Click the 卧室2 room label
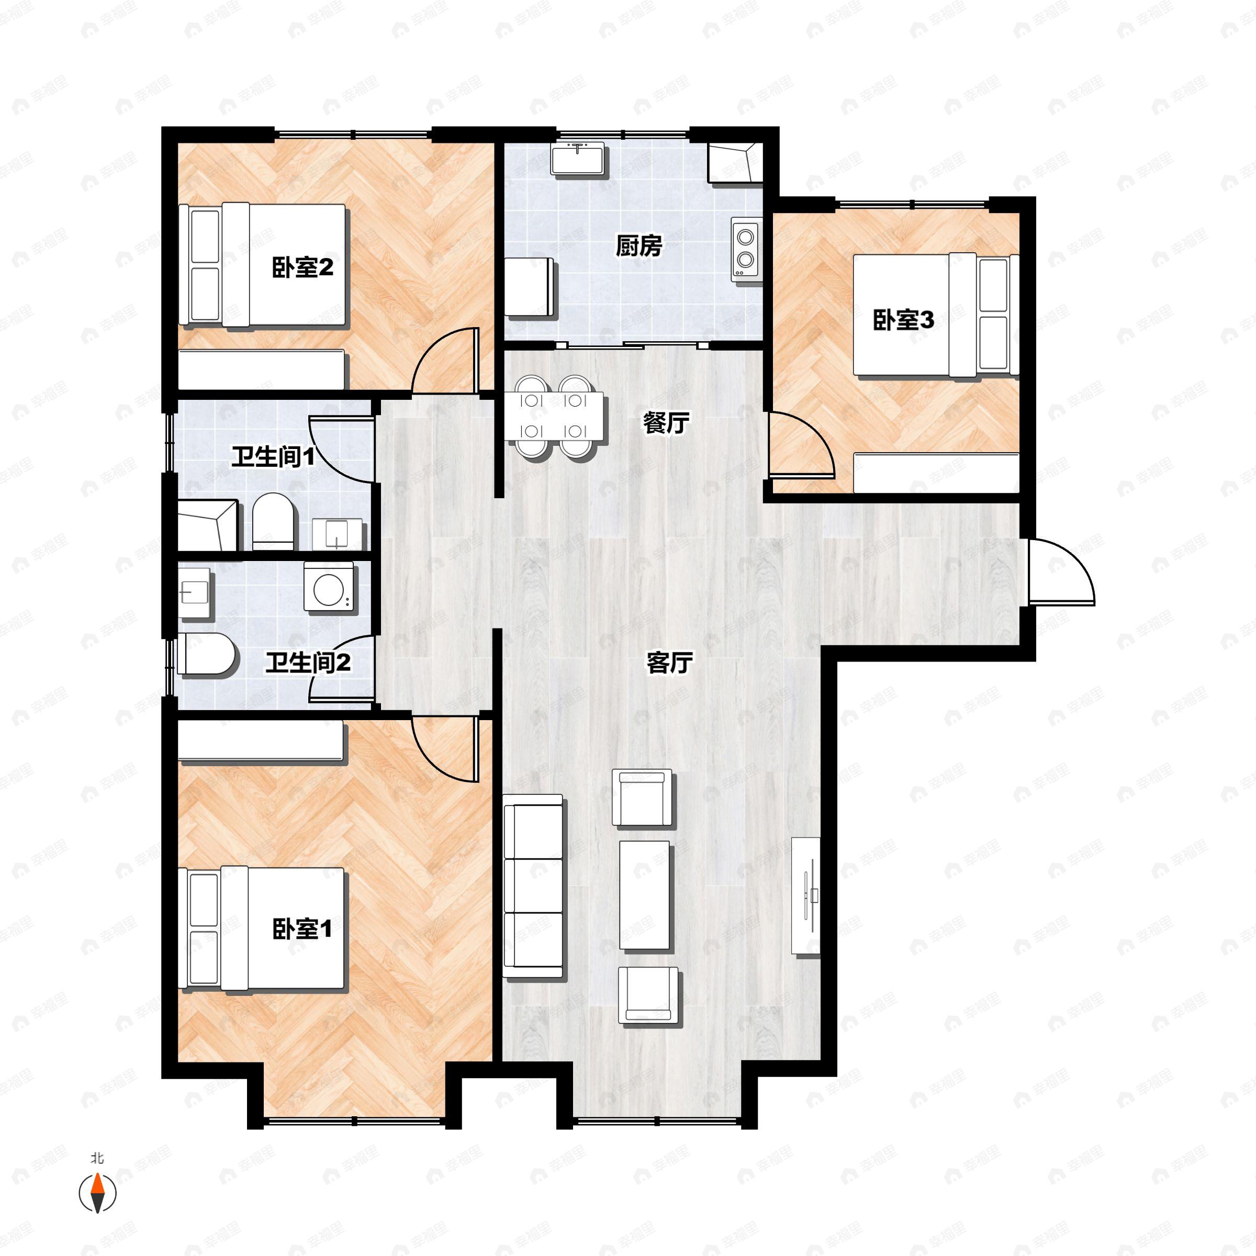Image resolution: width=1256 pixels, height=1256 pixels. coord(302,267)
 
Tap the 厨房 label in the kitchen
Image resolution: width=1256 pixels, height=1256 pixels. coord(638,246)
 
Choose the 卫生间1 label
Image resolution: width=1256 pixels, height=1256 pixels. coord(273,457)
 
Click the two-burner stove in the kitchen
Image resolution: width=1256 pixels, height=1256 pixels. coord(745,249)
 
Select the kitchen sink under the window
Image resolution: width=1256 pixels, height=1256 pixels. coord(577,158)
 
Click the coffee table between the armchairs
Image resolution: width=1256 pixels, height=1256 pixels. coord(644,894)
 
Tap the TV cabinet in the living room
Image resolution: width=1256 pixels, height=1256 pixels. coord(806,896)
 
